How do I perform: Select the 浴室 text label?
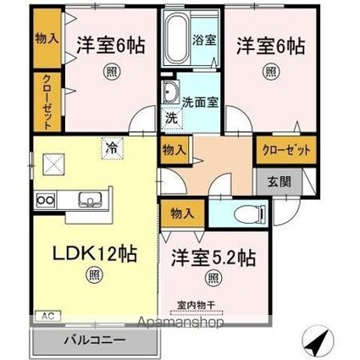click(x=206, y=38)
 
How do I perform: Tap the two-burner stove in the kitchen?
click(x=45, y=201)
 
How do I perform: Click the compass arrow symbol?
click(x=315, y=342)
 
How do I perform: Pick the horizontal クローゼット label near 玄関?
click(x=284, y=150)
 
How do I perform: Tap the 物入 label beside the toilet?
click(x=180, y=213)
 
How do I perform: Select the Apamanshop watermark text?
click(x=204, y=323)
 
